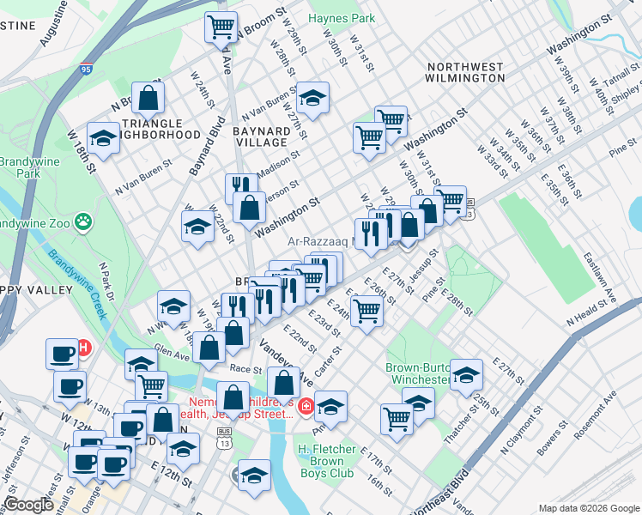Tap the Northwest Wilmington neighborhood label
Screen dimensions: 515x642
465,72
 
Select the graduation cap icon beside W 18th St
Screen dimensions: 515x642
103,139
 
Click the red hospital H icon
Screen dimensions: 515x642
84,348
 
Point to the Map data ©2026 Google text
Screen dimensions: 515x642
588,508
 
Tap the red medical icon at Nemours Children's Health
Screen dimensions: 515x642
306,405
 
